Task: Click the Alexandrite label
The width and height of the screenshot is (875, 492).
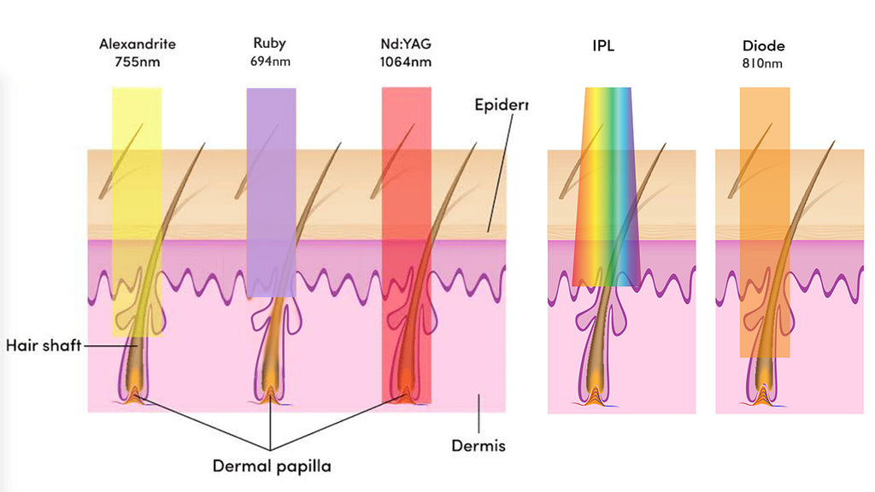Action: pos(137,44)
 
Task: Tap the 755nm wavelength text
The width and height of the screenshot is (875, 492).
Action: pos(137,61)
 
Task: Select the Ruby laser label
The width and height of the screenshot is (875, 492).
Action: pos(269,43)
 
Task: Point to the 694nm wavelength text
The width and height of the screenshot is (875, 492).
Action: pos(269,61)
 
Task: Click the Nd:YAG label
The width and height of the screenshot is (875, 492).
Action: pos(405,44)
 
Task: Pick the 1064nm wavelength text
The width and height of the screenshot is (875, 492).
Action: pos(405,61)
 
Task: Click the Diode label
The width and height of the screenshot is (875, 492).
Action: pos(764,46)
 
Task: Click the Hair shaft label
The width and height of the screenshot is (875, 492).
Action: pos(43,346)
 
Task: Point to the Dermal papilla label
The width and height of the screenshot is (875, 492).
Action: pos(271,466)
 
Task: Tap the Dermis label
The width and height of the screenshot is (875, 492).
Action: pos(478,446)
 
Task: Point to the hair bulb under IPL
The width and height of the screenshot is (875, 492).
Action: pos(605,389)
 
